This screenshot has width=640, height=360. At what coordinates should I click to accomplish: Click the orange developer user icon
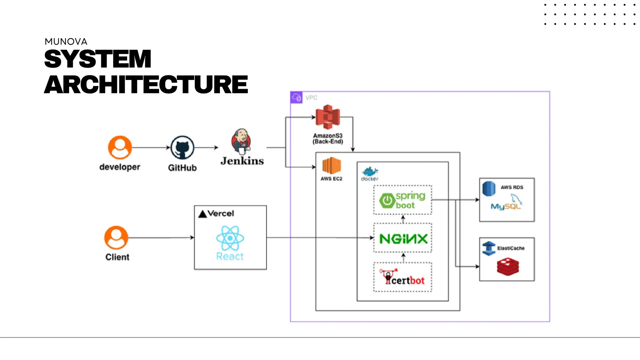120,147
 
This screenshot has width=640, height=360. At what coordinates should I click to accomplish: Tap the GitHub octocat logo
182,147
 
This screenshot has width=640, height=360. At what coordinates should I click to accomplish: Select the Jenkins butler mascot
241,142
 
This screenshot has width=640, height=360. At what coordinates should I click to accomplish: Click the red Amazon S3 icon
327,117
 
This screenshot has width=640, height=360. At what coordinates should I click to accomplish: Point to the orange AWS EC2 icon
332,166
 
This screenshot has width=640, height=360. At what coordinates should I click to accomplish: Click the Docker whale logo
370,172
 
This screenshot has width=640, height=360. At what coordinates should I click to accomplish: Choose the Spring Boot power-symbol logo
387,200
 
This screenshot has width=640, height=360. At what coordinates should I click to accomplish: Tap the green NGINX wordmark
403,239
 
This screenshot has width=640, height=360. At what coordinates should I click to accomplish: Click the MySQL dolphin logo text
506,206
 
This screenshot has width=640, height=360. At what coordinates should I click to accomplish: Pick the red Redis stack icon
508,266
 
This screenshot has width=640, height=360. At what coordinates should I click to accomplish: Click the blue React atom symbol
230,238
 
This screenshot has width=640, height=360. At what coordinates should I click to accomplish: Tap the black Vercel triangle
202,214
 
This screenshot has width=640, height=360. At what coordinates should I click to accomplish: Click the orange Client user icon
116,237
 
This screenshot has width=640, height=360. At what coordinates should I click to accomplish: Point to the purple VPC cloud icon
296,97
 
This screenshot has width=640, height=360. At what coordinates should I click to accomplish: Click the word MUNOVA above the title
66,42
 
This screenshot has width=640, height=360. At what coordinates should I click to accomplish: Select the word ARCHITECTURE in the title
146,84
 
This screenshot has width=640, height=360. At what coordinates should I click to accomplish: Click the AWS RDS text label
512,187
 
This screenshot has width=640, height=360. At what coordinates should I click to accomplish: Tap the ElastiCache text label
511,248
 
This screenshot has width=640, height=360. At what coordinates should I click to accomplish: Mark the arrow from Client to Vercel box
161,238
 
